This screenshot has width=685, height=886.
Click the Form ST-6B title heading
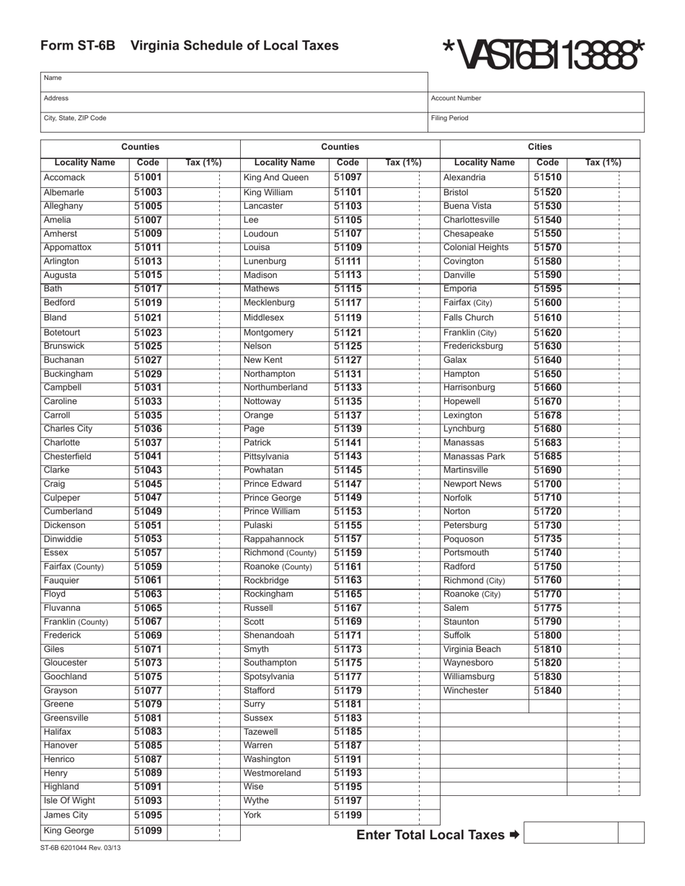(189, 46)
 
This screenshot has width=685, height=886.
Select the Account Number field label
(456, 98)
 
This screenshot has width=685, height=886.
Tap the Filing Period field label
(449, 117)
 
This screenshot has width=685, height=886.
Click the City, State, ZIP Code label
(75, 117)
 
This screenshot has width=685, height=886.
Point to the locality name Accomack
(64, 177)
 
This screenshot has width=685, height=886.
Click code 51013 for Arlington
(148, 261)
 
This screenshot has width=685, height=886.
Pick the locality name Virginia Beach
(472, 650)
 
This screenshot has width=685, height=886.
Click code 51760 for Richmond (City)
(547, 581)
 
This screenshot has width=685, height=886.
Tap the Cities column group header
(540, 147)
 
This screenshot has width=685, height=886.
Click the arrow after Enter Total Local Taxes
(513, 835)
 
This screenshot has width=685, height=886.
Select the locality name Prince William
(272, 511)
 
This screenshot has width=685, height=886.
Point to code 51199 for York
(348, 815)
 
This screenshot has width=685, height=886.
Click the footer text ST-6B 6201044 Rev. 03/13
(81, 848)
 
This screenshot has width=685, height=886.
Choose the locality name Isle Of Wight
(69, 801)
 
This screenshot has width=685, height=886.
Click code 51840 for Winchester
(547, 691)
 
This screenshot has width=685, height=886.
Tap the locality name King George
(68, 831)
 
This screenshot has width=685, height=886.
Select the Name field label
(53, 78)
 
